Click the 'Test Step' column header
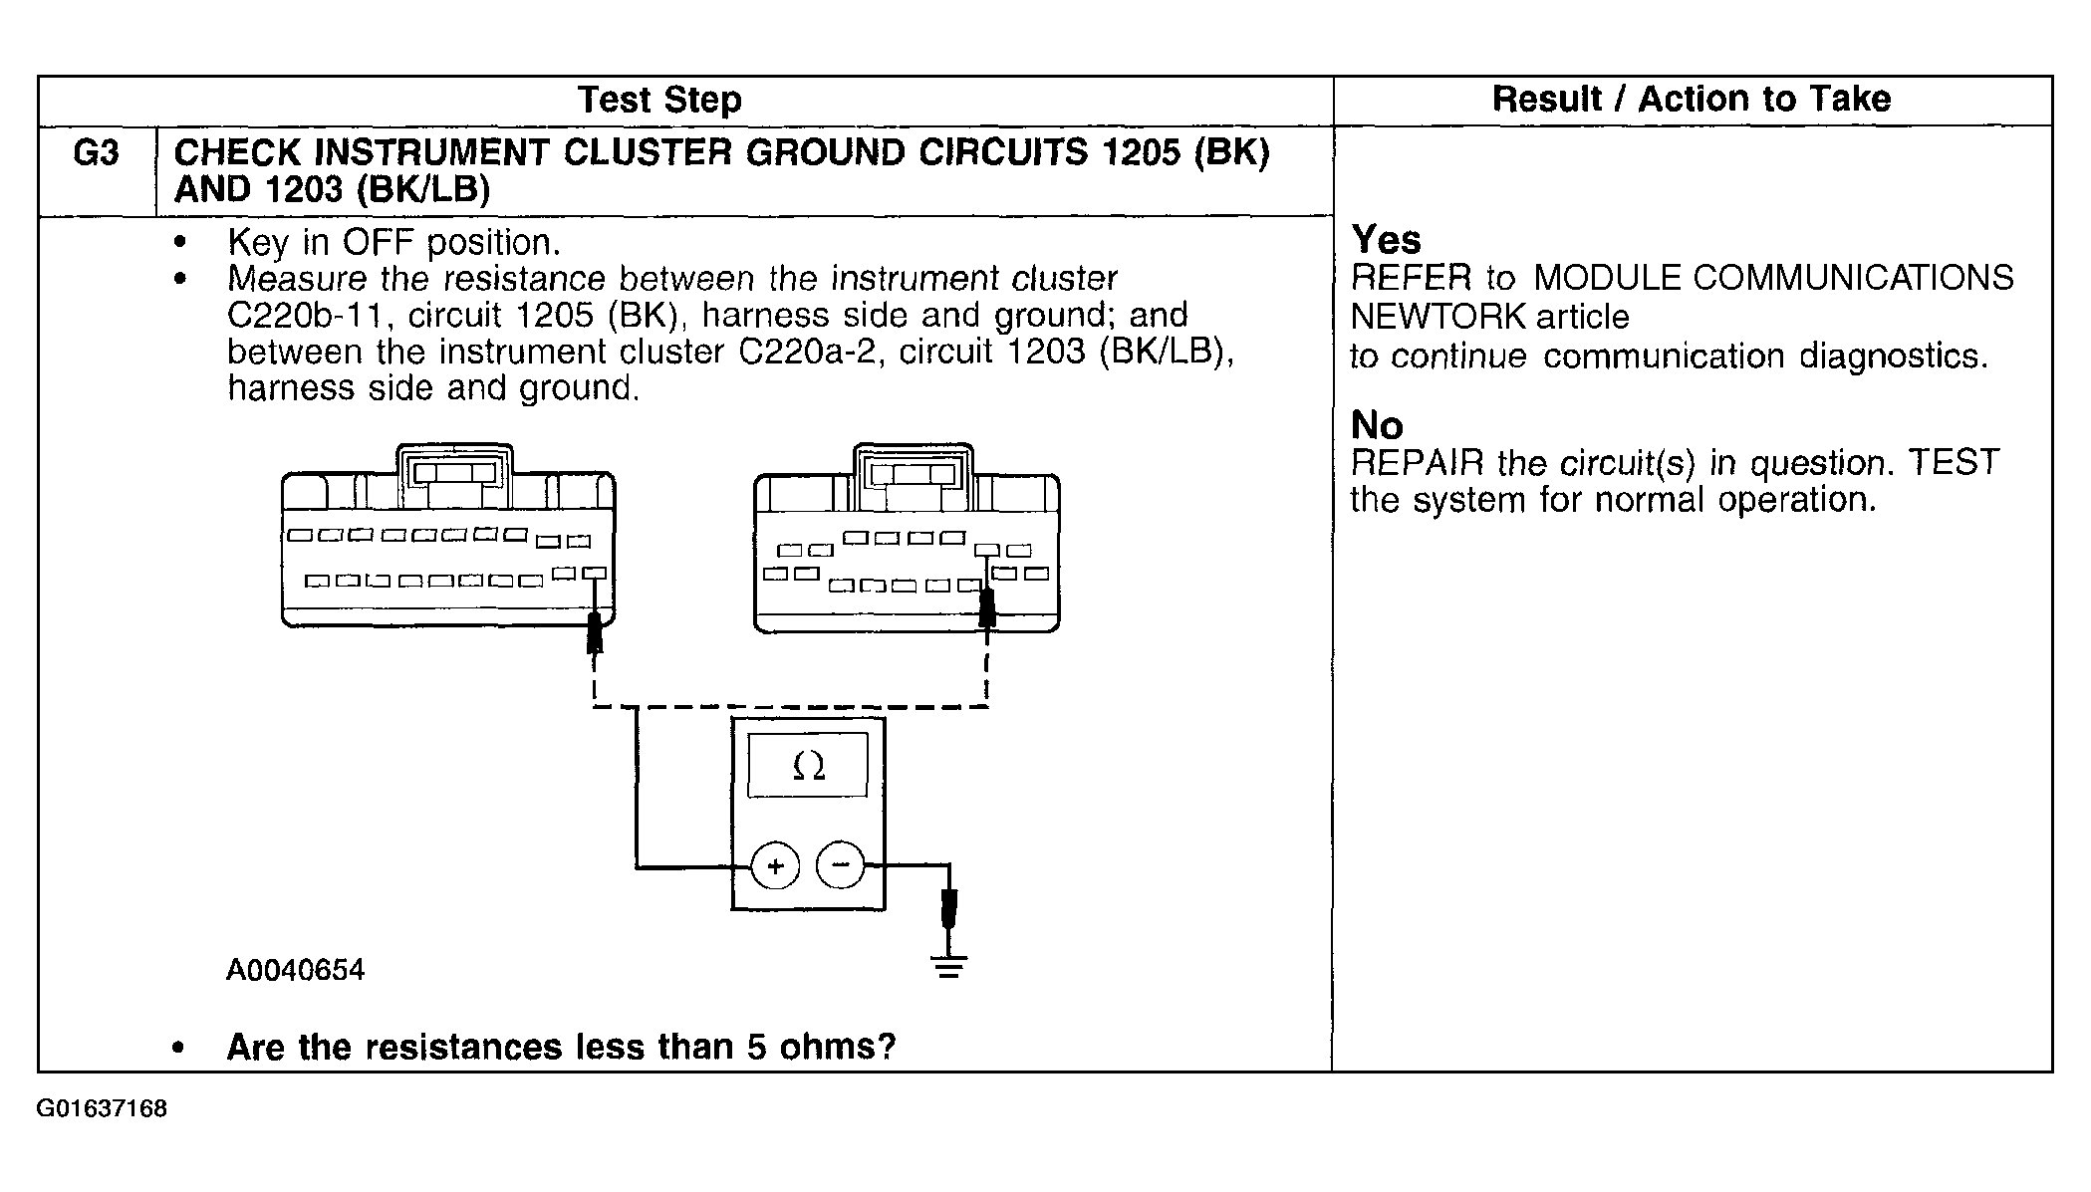pos(659,100)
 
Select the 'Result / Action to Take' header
pos(1691,99)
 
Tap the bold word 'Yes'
pos(1386,240)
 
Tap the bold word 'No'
pos(1377,426)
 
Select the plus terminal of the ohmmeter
pos(775,865)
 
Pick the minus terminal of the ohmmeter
pos(841,864)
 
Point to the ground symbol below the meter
pos(949,965)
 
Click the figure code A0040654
pos(296,970)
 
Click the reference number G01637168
pos(102,1108)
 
